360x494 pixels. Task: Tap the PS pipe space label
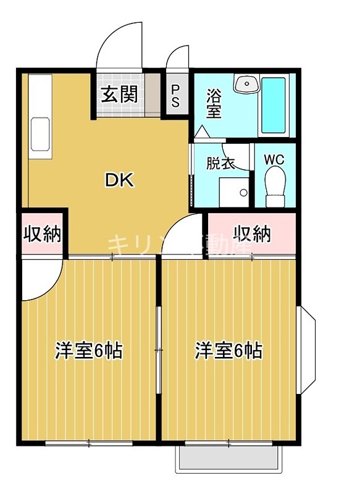pos(175,95)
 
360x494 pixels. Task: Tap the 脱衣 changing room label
pos(220,164)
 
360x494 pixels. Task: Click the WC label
pos(274,159)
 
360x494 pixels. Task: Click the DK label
pos(118,180)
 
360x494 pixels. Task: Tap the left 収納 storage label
pos(42,234)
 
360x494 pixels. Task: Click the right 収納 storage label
pos(252,233)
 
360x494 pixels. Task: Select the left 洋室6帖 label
pos(88,351)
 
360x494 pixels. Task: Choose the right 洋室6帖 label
pos(228,351)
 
